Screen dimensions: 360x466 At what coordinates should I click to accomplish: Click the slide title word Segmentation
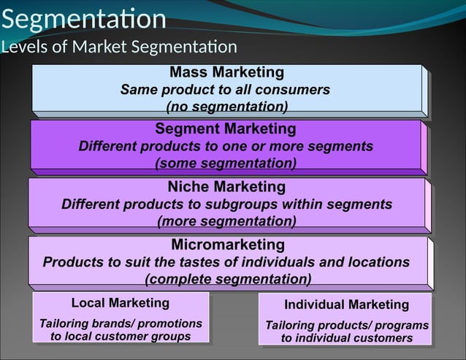[x=83, y=18]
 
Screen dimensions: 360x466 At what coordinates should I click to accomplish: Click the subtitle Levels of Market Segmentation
[x=119, y=47]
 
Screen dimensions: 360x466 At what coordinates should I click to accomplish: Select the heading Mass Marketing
[x=226, y=72]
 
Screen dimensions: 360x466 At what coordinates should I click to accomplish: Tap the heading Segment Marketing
[x=226, y=129]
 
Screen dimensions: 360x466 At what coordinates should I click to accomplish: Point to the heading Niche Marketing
[x=226, y=187]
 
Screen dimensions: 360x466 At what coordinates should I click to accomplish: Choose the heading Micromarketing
[x=227, y=244]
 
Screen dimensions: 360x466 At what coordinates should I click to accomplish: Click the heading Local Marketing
[x=120, y=302]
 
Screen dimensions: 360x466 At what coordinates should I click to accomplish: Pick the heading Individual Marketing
[x=346, y=305]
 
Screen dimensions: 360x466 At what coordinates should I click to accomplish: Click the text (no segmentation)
[x=226, y=107]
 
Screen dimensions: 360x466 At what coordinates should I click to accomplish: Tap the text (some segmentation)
[x=226, y=163]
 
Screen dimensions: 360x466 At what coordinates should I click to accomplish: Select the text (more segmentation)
[x=226, y=221]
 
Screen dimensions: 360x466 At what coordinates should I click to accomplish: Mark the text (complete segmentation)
[x=228, y=279]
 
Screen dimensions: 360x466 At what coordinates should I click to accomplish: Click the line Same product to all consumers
[x=225, y=90]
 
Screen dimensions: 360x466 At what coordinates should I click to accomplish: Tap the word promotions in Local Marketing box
[x=171, y=323]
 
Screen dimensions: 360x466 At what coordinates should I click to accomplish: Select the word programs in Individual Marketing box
[x=400, y=325]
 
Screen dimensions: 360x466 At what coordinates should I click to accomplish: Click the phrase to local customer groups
[x=121, y=336]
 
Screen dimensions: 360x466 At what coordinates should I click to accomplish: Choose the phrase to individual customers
[x=346, y=338]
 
